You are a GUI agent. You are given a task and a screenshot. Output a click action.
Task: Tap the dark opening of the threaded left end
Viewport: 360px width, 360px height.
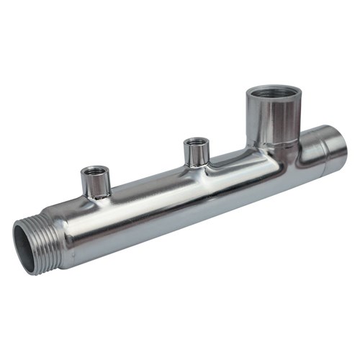coord(25,248)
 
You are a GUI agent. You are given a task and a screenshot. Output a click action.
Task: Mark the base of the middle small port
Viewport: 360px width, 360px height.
coord(196,165)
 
